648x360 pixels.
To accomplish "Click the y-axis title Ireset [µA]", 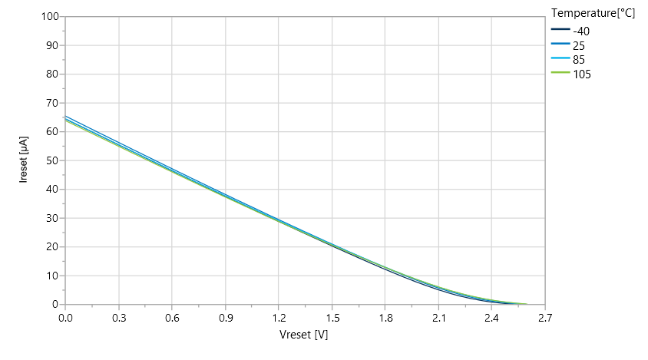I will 24,159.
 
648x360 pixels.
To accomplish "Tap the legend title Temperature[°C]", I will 593,13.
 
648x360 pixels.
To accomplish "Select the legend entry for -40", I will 582,31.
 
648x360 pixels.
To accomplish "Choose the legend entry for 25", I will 579,45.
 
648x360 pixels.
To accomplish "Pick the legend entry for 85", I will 579,60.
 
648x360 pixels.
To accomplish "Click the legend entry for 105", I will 582,74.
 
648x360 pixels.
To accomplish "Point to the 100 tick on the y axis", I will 50,16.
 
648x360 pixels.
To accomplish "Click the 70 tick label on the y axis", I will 52,103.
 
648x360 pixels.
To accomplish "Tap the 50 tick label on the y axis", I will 52,160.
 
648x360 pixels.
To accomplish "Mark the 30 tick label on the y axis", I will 52,218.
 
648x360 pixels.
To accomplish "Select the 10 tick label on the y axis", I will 52,276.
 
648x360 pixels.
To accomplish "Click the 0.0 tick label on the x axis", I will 65,316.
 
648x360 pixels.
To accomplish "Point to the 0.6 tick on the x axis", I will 172,316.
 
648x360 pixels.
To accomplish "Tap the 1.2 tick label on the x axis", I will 279,316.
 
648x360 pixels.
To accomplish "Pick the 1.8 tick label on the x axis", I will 385,316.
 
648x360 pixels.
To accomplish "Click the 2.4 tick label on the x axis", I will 492,316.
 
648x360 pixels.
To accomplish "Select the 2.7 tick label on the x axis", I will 545,316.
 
